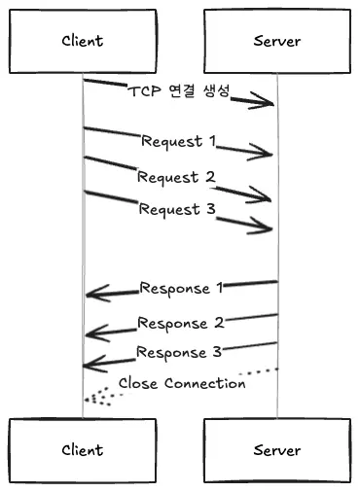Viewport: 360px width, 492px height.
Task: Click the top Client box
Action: click(83, 41)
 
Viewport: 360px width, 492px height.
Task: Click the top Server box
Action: click(277, 41)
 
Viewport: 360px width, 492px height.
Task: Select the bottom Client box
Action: click(83, 450)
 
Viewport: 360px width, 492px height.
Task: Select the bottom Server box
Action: click(277, 450)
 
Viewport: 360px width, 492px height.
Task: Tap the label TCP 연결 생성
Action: click(179, 91)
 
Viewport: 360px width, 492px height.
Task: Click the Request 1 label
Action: click(179, 141)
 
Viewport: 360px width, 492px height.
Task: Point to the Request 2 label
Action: click(176, 176)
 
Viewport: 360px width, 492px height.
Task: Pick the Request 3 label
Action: click(176, 208)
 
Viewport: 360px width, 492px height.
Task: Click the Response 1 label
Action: click(182, 288)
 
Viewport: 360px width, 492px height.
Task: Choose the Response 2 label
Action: click(180, 323)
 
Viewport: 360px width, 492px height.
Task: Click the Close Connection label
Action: click(182, 383)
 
